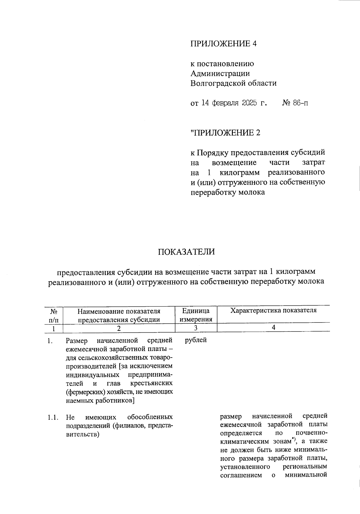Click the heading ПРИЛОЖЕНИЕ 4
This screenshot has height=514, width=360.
coord(223,44)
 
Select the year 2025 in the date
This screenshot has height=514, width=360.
coord(249,103)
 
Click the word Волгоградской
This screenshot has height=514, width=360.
coord(214,83)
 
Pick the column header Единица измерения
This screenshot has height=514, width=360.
coord(196,315)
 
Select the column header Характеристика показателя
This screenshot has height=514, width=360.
coord(273,310)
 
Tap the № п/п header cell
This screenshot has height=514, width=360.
coord(54,315)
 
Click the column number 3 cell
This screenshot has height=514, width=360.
coord(196,328)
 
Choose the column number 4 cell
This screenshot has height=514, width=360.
coord(273,328)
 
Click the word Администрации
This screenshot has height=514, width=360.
coord(220,74)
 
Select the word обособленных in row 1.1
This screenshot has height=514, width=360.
coord(150,417)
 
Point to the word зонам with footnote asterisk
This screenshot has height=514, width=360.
coord(281,442)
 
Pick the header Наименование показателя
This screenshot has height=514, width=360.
coord(119,311)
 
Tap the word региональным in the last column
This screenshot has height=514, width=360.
coord(305,467)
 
